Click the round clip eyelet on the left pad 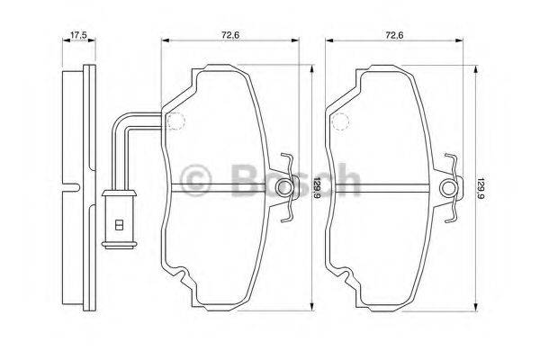(x=286, y=187)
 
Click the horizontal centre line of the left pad (x=225, y=187)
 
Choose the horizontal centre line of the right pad (x=387, y=187)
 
